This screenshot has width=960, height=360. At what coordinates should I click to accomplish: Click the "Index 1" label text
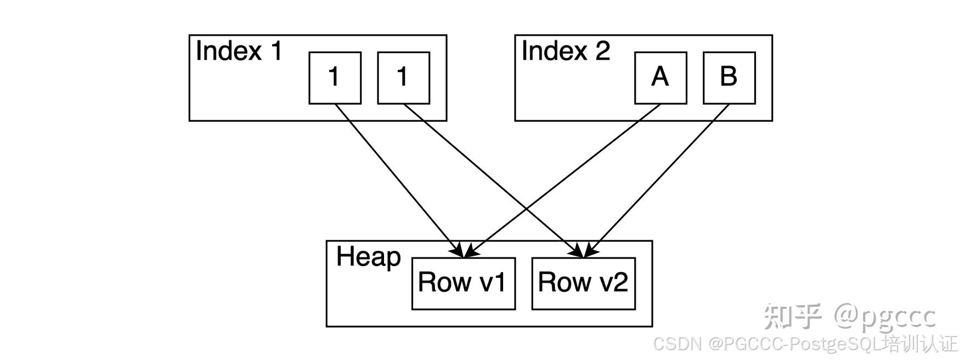[239, 51]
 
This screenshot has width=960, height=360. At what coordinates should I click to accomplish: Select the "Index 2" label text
[566, 51]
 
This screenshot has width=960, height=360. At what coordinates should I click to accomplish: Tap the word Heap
[369, 257]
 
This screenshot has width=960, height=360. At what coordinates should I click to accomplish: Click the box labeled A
[660, 78]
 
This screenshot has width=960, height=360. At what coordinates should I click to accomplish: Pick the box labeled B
[729, 78]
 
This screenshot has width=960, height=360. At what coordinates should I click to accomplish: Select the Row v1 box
[464, 283]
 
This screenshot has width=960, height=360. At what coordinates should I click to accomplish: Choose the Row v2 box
[584, 283]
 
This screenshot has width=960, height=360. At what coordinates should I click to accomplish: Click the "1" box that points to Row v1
[335, 78]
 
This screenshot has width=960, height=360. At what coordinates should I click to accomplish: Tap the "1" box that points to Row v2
[403, 78]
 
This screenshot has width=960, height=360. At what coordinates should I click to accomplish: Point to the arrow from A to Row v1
[562, 181]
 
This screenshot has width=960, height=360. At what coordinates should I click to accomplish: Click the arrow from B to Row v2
[657, 181]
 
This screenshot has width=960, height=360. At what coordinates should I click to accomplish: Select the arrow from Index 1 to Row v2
[495, 181]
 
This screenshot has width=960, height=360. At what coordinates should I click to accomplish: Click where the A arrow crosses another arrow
[526, 209]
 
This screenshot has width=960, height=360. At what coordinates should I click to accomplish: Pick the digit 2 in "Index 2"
[602, 51]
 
